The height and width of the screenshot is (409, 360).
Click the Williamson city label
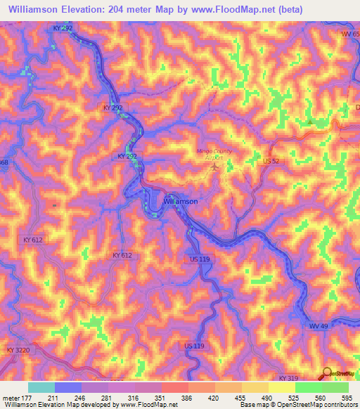pos(180,201)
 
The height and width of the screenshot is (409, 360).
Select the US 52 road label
pos(271,160)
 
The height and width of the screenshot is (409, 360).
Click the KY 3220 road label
pos(20,349)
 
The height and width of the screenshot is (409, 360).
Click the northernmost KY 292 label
pos(62,28)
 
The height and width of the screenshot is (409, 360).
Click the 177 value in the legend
pos(27,398)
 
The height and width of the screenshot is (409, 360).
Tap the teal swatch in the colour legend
pos(41,387)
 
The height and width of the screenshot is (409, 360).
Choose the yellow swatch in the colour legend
pos(281,387)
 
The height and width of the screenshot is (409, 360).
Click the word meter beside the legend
pos(11,398)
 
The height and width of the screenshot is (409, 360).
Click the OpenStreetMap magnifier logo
pos(327,374)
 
